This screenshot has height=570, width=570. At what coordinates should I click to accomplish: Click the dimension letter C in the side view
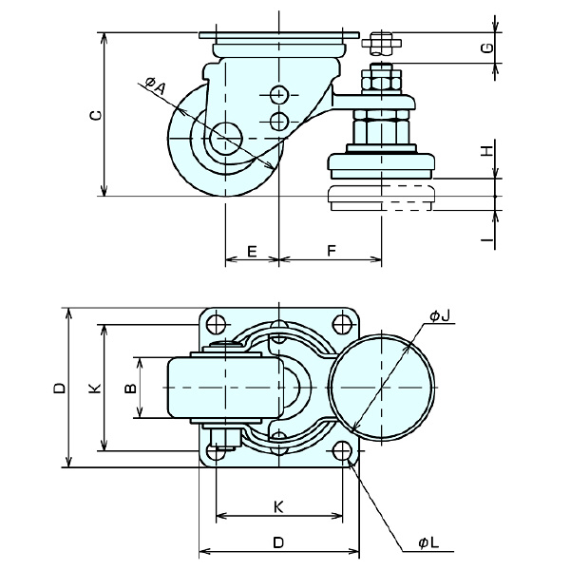click(92, 115)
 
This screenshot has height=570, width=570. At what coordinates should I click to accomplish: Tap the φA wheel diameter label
click(156, 86)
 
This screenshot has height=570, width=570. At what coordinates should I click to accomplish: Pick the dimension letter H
click(486, 151)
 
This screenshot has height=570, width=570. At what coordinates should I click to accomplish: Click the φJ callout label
click(438, 314)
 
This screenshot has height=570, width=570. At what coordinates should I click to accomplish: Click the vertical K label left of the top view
click(92, 387)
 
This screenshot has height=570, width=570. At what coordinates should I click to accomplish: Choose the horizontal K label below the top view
click(278, 506)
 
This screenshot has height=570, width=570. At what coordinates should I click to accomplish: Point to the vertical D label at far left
click(59, 387)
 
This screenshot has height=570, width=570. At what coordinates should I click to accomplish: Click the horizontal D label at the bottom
click(278, 542)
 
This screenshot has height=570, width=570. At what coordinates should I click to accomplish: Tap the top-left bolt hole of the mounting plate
click(217, 323)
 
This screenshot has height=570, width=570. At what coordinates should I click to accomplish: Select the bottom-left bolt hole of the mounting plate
click(217, 450)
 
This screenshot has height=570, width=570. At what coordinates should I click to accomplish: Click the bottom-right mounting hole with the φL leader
click(342, 450)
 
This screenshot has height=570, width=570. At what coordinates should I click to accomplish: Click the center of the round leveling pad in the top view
click(384, 387)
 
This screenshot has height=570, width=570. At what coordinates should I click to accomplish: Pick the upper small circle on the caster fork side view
click(279, 96)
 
